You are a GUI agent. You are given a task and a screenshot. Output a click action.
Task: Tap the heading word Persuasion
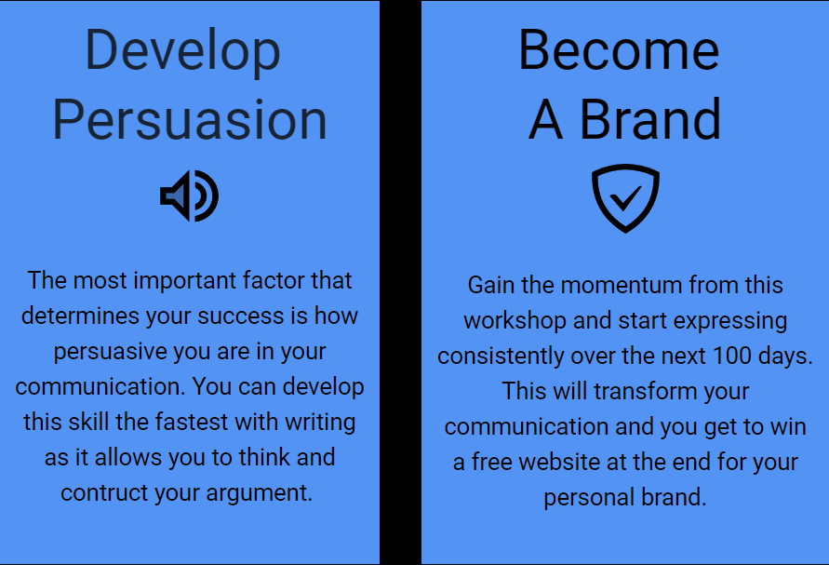click(x=190, y=120)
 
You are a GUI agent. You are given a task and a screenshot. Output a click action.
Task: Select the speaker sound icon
click(x=189, y=195)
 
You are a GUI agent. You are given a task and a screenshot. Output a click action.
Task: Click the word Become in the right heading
click(x=619, y=49)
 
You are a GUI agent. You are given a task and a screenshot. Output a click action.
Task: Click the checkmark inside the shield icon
click(x=625, y=198)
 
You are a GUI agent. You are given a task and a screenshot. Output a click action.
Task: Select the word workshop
click(x=515, y=321)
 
